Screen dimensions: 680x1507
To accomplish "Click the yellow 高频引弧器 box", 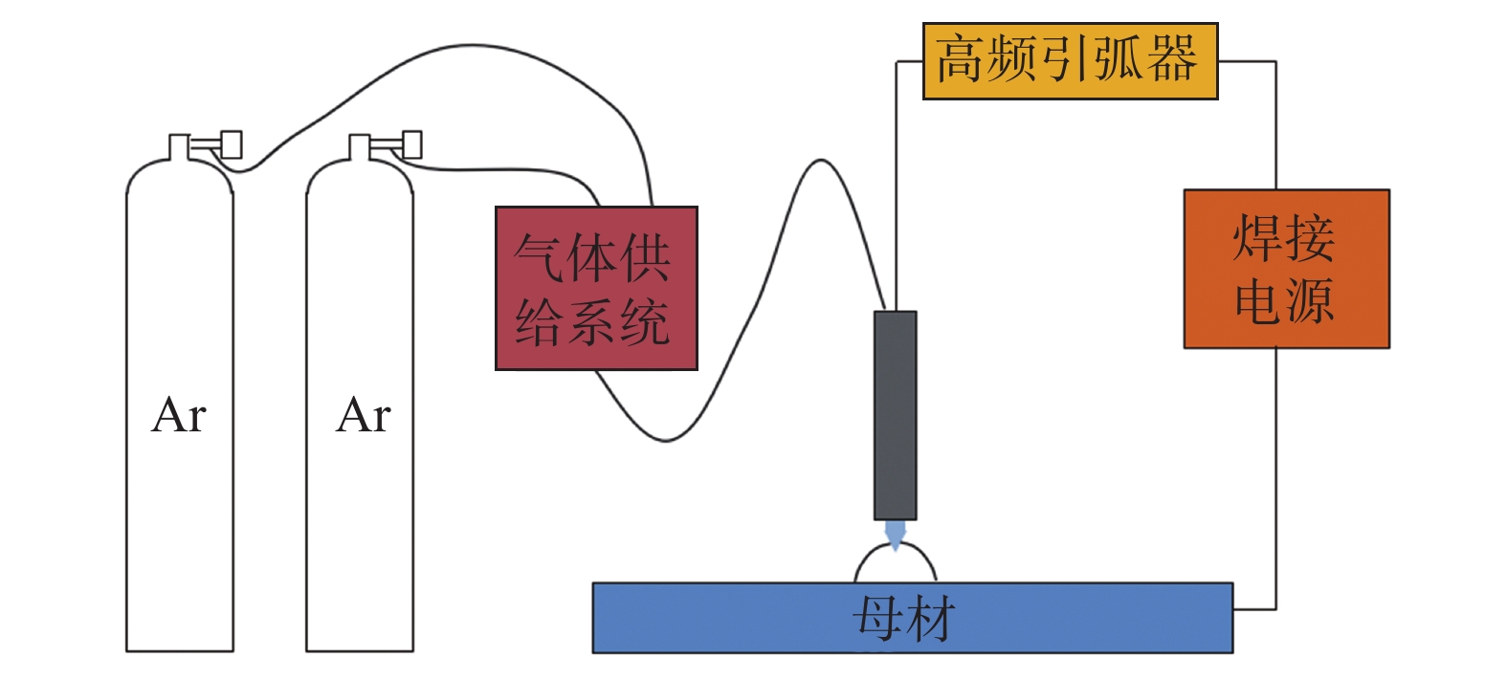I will tap(1069, 61).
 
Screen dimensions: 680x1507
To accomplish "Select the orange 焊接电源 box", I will tap(1285, 269).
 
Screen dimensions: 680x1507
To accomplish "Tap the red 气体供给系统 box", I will tap(595, 288).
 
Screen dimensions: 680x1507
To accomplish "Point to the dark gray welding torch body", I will tap(895, 415).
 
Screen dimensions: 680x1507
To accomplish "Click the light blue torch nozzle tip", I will tap(895, 533).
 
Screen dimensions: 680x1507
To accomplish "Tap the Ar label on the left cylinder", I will tap(179, 415).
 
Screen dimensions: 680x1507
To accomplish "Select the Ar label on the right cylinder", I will tap(364, 415).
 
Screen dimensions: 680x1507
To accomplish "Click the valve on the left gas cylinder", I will tap(229, 145).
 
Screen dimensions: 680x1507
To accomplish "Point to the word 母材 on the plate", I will tap(903, 619).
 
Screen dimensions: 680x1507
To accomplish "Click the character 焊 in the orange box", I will tap(1257, 237).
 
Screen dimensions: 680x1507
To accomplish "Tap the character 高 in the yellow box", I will tap(960, 59).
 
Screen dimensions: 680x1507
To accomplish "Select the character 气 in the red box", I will tap(540, 256).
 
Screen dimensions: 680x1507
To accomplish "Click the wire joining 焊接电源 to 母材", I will tap(1275, 478).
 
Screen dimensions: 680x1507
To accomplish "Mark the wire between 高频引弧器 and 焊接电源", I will tap(1275, 124).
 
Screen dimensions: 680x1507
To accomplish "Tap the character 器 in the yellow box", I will tap(1172, 59).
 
